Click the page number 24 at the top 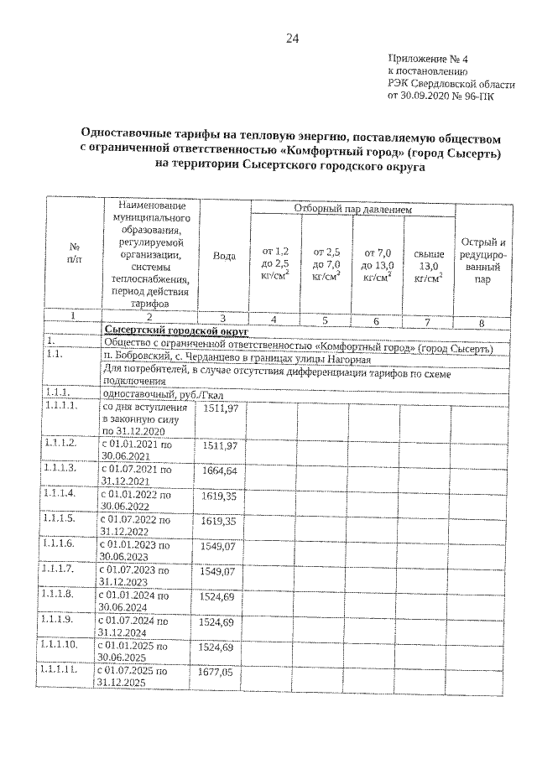[x=292, y=39]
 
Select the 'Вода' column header [x=224, y=257]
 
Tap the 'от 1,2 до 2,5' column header [x=275, y=263]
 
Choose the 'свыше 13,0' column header [x=428, y=263]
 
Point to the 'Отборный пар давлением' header [x=352, y=208]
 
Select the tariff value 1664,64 [x=220, y=471]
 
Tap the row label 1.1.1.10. [x=63, y=647]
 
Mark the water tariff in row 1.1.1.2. [x=220, y=444]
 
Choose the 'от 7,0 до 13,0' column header [x=378, y=263]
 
